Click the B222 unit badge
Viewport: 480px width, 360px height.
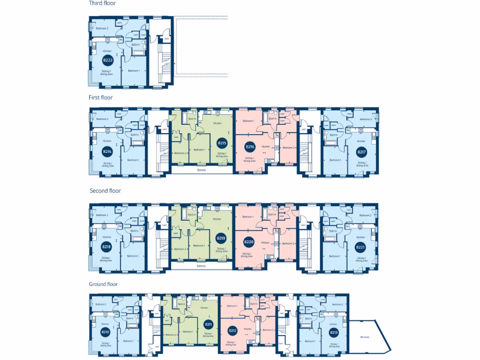(x=108, y=60)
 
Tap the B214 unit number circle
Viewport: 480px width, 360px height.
(x=107, y=151)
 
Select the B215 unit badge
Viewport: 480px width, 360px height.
(x=222, y=143)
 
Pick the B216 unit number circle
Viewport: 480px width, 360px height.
(x=250, y=147)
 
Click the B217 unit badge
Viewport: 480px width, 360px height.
(x=361, y=152)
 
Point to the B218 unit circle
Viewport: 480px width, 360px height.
(x=107, y=247)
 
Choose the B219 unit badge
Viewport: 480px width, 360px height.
(x=220, y=239)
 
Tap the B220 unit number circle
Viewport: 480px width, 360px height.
(x=249, y=242)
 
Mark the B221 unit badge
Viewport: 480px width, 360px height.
(x=360, y=247)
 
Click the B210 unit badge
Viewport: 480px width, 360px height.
(x=105, y=332)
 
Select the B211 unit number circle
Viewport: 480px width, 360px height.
(x=208, y=324)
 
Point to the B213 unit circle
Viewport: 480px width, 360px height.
(x=333, y=333)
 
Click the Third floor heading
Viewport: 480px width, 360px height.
(x=103, y=3)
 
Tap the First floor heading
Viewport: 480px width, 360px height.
(x=101, y=97)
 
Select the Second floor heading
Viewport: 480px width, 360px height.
(x=105, y=191)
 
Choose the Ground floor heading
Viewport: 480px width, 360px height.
(x=103, y=284)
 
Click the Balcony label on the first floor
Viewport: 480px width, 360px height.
(x=202, y=170)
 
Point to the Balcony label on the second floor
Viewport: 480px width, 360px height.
(x=201, y=266)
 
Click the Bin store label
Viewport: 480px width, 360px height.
(x=365, y=337)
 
